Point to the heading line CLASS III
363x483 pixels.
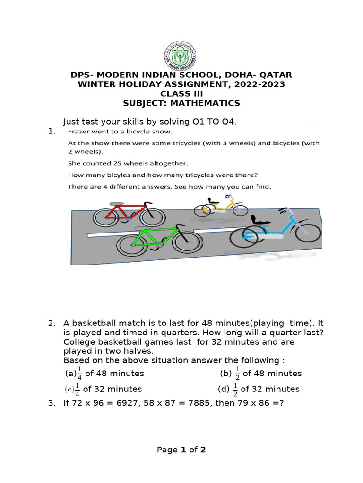(x=181, y=94)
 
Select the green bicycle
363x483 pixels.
(x=160, y=240)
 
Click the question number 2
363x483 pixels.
(x=52, y=324)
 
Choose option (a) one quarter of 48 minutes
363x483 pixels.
(x=104, y=374)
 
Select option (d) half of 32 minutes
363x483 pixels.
(x=259, y=390)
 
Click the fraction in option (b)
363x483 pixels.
(x=238, y=374)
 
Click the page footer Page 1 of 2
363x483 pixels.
(x=181, y=450)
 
